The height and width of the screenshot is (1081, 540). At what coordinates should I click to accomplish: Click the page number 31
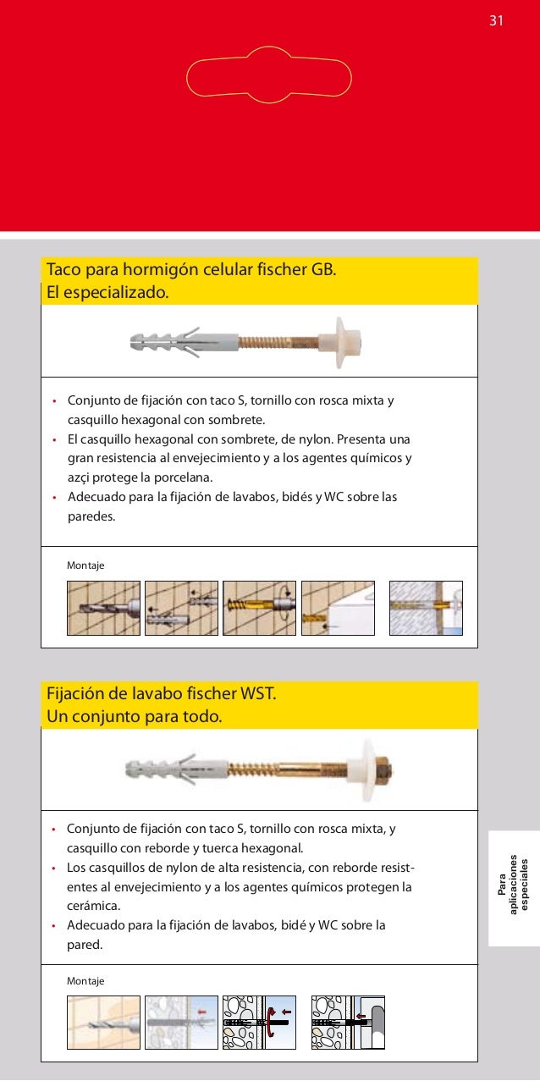click(x=496, y=20)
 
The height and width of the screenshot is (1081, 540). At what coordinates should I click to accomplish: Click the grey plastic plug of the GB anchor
click(x=169, y=342)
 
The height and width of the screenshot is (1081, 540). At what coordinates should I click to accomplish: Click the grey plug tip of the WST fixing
click(x=140, y=770)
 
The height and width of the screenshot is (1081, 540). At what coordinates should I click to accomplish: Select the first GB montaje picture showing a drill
click(x=103, y=608)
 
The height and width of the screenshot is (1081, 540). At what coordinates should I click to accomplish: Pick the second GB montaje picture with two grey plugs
click(x=181, y=608)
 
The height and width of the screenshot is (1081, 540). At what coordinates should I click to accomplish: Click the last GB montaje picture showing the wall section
click(x=426, y=608)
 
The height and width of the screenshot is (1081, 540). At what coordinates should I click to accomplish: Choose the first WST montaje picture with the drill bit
click(x=103, y=1022)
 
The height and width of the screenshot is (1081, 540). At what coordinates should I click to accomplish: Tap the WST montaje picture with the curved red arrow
click(x=259, y=1022)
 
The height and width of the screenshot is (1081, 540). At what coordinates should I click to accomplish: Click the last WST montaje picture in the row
click(x=347, y=1022)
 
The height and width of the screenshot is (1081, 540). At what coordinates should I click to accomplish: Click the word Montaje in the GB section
click(x=85, y=565)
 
